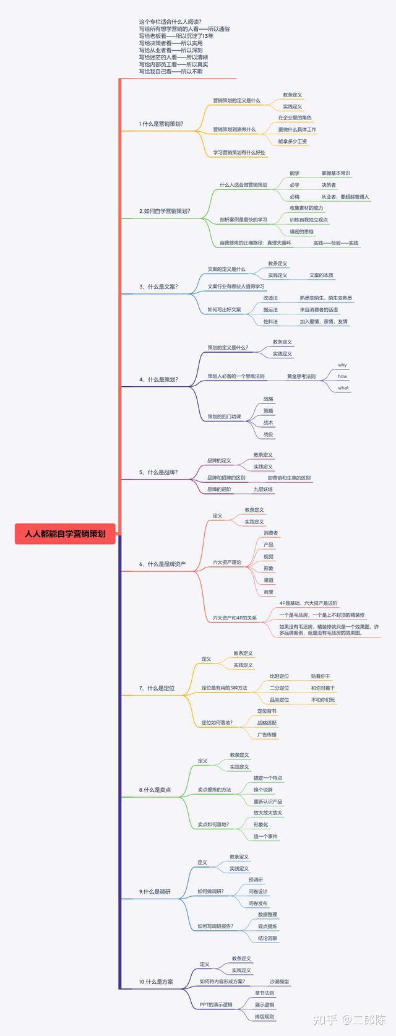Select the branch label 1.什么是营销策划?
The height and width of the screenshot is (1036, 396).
(x=161, y=124)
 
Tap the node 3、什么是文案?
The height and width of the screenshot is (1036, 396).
(x=158, y=287)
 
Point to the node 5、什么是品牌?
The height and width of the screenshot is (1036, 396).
(x=158, y=472)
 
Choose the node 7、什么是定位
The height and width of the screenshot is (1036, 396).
(x=157, y=688)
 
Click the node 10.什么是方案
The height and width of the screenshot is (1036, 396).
(x=156, y=982)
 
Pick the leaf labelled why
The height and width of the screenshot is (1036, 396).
(x=342, y=365)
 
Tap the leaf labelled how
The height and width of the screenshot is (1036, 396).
(x=342, y=376)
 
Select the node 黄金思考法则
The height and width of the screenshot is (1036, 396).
(x=301, y=376)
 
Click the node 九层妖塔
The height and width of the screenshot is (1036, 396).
(x=263, y=489)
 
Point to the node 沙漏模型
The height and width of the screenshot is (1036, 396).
(x=279, y=982)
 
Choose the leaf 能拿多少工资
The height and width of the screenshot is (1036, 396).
(x=293, y=141)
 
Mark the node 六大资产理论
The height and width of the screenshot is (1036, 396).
(x=227, y=562)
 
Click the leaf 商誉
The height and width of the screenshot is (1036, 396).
(x=269, y=592)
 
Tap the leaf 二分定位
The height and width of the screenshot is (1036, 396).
(x=279, y=688)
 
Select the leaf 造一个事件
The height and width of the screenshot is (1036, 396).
(x=265, y=836)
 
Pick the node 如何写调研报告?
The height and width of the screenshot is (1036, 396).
(x=215, y=926)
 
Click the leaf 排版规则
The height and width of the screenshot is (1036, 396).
(x=264, y=1016)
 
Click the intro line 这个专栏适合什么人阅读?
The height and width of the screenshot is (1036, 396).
(x=170, y=22)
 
